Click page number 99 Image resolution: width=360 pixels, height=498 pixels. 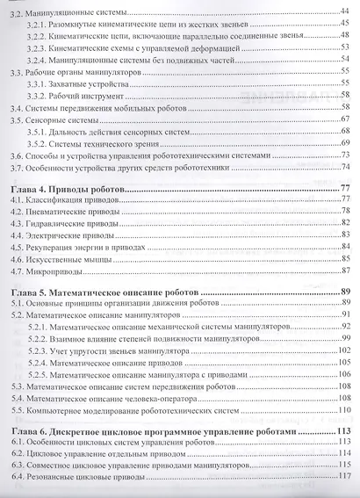345,337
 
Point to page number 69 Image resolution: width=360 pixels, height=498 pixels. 345,142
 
